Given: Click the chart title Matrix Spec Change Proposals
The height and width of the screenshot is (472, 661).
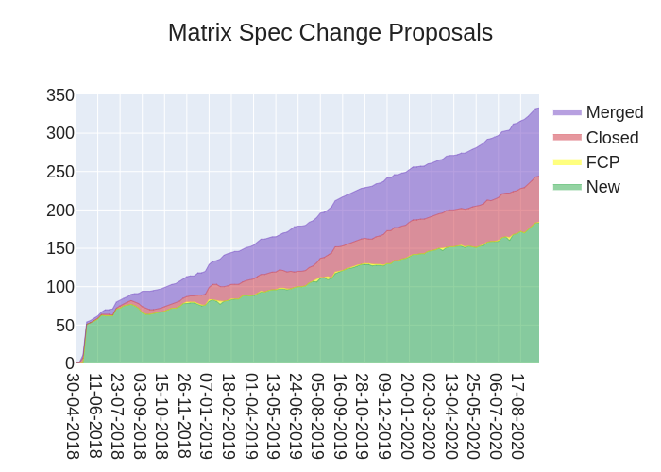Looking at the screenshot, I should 330,33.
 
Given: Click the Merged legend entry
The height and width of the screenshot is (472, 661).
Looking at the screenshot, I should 614,112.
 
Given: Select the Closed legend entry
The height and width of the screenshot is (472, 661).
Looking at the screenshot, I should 612,138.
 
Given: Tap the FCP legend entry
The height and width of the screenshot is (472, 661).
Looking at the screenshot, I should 602,162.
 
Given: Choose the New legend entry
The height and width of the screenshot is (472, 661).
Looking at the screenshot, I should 602,187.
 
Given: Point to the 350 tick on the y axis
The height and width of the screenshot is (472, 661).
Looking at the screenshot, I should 60,95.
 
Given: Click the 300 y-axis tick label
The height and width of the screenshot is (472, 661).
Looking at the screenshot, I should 60,133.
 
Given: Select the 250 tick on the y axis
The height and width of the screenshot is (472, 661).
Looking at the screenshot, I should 60,172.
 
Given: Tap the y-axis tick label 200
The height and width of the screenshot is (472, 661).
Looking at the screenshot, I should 60,211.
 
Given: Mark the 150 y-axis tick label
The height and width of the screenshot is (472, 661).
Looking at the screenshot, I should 60,248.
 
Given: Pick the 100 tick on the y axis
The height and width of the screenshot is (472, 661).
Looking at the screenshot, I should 60,287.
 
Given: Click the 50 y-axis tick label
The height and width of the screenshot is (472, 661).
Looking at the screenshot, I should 64,326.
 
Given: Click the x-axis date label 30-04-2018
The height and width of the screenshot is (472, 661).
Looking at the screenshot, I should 73,415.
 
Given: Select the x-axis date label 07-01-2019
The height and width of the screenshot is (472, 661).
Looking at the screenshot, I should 206,415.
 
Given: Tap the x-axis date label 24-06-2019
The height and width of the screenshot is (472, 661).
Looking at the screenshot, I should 295,415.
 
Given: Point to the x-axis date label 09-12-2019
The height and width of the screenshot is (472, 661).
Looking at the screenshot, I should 384,415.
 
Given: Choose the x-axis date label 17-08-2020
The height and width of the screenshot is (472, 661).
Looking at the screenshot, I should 517,415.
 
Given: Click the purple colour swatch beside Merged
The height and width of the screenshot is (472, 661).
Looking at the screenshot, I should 567,112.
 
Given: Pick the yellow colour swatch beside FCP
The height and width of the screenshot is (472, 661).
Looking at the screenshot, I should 567,162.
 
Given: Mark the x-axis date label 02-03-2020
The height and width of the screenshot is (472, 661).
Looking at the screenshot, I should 429,415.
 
